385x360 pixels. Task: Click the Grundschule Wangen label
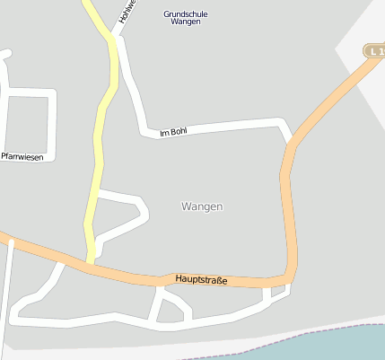[x=183, y=17]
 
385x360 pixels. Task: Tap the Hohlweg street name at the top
[x=126, y=12]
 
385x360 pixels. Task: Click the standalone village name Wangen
[x=201, y=206]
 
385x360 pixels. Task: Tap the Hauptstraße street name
[x=201, y=280]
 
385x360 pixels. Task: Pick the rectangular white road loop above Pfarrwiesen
[x=27, y=126]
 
